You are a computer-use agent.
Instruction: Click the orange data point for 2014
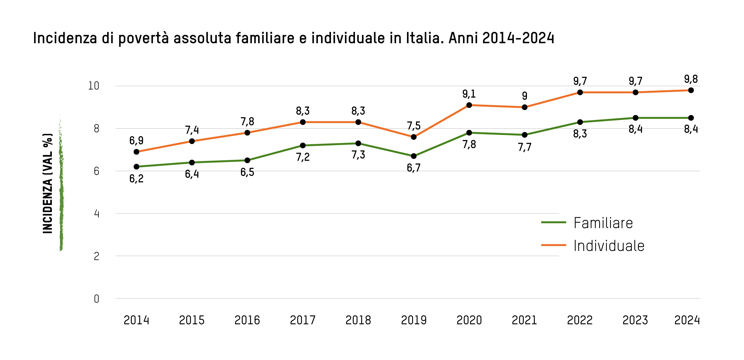pyautogui.click(x=136, y=152)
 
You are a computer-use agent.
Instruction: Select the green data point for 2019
pyautogui.click(x=414, y=156)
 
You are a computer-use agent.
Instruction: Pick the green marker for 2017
pyautogui.click(x=303, y=145)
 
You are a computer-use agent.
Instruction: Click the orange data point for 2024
pyautogui.click(x=691, y=90)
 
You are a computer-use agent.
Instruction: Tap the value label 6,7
pyautogui.click(x=414, y=168)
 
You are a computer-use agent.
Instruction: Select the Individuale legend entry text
pyautogui.click(x=609, y=246)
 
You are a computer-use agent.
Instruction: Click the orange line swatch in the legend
pyautogui.click(x=553, y=245)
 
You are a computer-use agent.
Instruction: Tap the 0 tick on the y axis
pyautogui.click(x=96, y=299)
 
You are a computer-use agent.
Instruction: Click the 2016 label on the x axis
pyautogui.click(x=247, y=320)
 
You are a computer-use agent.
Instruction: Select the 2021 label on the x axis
pyautogui.click(x=524, y=320)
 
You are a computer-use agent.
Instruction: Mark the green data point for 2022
pyautogui.click(x=580, y=122)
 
